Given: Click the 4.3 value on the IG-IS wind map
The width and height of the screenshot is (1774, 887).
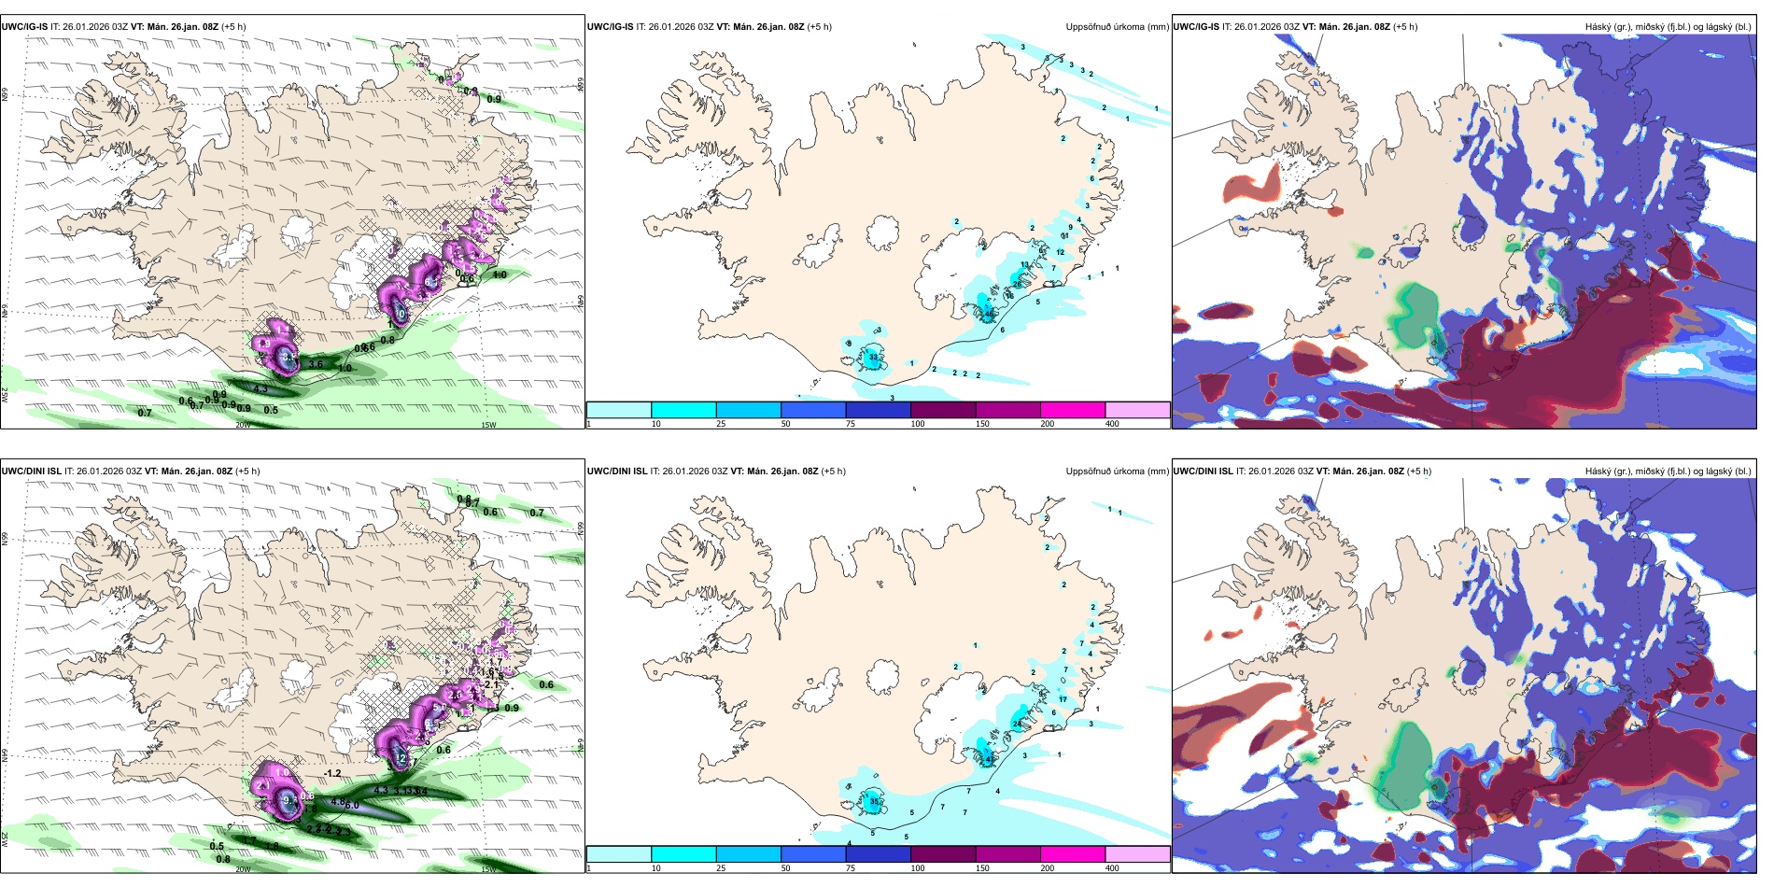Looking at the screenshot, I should (260, 389).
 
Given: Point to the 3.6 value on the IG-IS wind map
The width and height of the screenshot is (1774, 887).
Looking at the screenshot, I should (316, 365).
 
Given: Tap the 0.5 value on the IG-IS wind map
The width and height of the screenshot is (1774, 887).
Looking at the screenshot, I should (271, 411).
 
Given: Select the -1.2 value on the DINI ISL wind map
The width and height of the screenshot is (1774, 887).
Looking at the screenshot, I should (332, 774).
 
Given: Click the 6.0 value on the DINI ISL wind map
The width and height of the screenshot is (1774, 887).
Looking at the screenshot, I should (352, 805).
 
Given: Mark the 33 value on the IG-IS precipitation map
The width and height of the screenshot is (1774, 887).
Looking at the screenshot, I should (873, 358).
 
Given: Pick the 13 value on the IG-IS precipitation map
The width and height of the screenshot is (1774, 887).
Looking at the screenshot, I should (1024, 266).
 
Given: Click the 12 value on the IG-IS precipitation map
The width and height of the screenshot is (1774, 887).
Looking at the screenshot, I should (1061, 253).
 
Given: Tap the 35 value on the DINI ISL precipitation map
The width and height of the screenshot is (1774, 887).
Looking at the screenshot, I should (875, 801).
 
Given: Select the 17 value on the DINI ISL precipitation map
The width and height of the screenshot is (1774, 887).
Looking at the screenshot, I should (1063, 699).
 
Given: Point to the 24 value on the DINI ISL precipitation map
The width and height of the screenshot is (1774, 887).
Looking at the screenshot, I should (1017, 724).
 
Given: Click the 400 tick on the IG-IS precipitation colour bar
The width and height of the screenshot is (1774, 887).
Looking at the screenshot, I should (1113, 424).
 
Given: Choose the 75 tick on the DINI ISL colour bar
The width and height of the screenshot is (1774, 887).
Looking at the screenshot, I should (851, 868).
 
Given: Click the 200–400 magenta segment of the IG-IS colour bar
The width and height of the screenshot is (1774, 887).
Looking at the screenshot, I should (1073, 410).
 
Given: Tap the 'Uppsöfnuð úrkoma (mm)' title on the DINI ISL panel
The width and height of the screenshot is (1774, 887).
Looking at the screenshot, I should (1117, 472).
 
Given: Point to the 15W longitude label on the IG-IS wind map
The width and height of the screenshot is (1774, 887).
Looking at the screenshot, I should (487, 426).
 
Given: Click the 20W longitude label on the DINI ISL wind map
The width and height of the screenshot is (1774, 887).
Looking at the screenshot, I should (243, 869).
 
